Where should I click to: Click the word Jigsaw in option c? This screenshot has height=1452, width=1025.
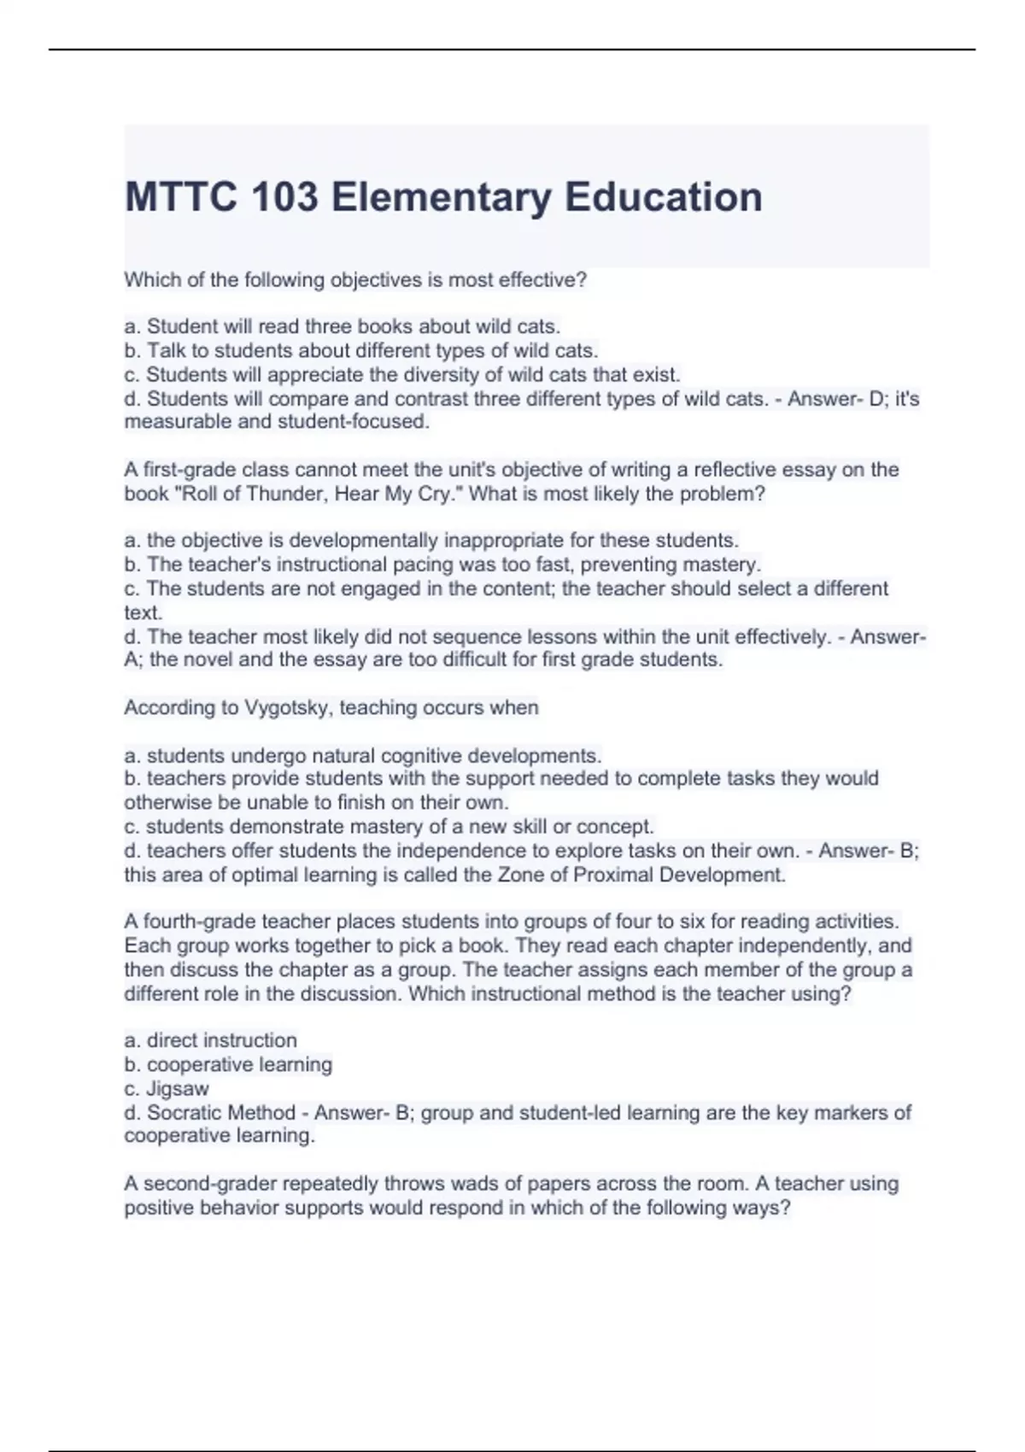(x=178, y=1089)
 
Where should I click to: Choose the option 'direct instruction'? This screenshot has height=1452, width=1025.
(x=221, y=1040)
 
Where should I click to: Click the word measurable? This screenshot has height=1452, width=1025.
(x=178, y=422)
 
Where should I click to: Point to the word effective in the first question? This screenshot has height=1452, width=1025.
(x=540, y=280)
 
